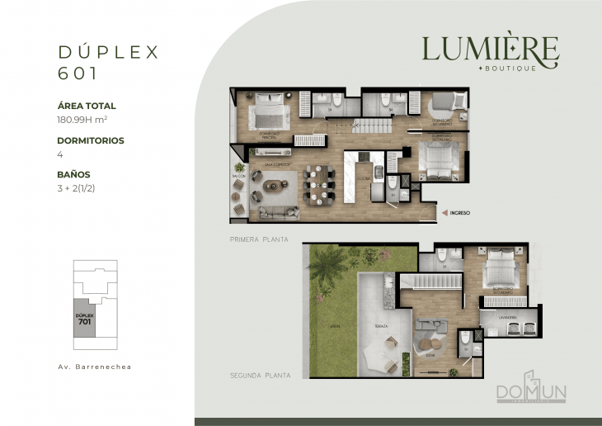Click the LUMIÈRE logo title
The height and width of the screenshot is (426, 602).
(x=490, y=50)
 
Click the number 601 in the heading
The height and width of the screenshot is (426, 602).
(x=78, y=73)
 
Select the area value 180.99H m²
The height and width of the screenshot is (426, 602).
(x=86, y=119)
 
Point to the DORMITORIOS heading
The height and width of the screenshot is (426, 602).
(x=91, y=140)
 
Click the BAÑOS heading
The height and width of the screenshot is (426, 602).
(x=74, y=174)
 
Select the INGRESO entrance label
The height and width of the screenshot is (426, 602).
(x=460, y=213)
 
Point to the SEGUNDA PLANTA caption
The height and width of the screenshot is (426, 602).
(x=260, y=375)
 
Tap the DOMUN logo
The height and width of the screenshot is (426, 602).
(x=531, y=391)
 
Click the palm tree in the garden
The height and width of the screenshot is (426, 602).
(x=332, y=267)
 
